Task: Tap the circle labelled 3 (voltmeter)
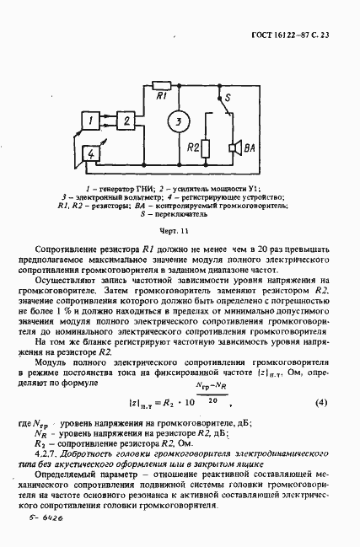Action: (177, 121)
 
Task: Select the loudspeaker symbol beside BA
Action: (234, 149)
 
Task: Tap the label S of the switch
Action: (221, 99)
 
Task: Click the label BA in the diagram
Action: (248, 150)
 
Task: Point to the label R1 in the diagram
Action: (160, 97)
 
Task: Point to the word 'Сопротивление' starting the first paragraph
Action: (68, 250)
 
